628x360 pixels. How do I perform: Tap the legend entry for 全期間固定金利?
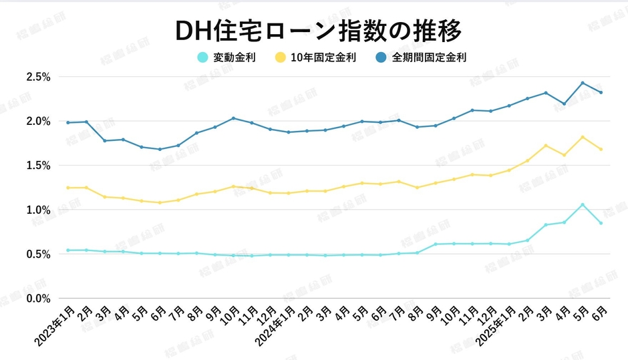coord(419,57)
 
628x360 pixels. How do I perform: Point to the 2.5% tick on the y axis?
coord(39,77)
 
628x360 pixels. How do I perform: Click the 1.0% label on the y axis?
coord(39,210)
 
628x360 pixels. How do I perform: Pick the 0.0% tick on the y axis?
coord(39,299)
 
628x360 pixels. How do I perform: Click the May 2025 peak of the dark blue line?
coord(583,83)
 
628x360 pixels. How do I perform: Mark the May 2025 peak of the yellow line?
coord(583,137)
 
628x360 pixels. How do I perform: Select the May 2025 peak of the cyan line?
coord(583,204)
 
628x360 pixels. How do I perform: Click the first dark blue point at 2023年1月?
coord(67,122)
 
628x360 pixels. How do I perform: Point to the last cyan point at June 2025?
coord(601,223)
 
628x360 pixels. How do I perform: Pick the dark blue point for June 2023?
coord(160,149)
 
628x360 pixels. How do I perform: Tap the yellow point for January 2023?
coord(67,188)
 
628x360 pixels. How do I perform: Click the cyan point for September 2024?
coord(436,244)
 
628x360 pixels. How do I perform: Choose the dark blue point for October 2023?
coord(233,118)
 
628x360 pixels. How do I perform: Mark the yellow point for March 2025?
coord(546,146)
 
